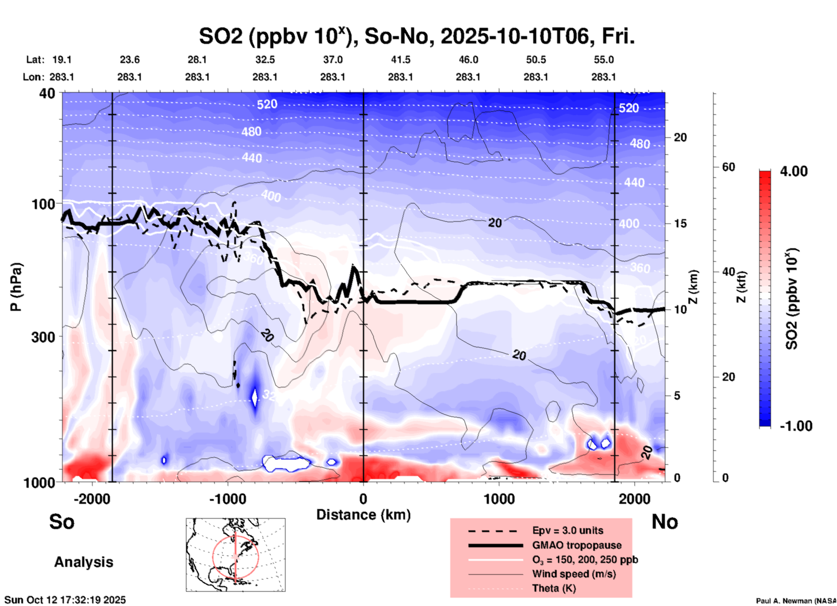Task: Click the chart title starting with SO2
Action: (x=416, y=37)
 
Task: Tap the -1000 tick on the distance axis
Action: (x=227, y=499)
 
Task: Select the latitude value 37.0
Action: (x=332, y=60)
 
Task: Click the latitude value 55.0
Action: (x=603, y=60)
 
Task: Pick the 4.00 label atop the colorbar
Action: (x=794, y=171)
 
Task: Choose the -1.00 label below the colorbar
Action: (x=796, y=426)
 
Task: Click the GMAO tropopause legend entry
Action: (x=576, y=545)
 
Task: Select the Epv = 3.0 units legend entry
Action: (x=567, y=531)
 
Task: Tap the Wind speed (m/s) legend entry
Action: (x=574, y=574)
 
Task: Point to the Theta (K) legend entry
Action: (x=554, y=588)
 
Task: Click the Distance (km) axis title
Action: (x=363, y=515)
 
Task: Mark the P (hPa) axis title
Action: (x=16, y=287)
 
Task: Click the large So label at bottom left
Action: (x=62, y=522)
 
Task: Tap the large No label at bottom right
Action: (x=664, y=522)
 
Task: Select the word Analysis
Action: (x=83, y=562)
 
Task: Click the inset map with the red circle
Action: (x=236, y=554)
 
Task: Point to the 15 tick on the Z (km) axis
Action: (x=680, y=223)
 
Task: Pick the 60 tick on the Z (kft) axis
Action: (x=728, y=167)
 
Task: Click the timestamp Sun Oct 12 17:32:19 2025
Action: (x=65, y=600)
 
